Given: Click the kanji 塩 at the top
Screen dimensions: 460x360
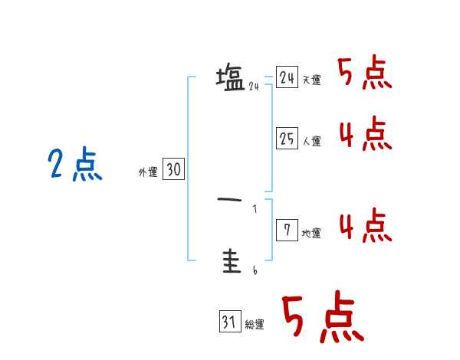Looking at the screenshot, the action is [x=230, y=78].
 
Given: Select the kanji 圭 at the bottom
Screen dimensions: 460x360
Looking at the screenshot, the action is [x=230, y=263].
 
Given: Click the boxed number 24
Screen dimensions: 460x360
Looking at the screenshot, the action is [x=287, y=77].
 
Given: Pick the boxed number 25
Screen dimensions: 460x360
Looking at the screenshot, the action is [x=287, y=139].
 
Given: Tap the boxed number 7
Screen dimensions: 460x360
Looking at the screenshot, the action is [x=287, y=231].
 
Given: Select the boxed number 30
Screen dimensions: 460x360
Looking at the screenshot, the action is [x=173, y=170].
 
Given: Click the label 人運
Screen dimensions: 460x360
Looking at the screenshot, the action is [x=311, y=142].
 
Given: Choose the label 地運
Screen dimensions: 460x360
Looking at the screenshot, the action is [x=311, y=234].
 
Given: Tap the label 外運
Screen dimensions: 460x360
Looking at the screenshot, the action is [x=148, y=173].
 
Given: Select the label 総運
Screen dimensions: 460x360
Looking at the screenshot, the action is [x=255, y=325].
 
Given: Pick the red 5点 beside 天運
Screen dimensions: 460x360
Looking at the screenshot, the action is [x=365, y=74].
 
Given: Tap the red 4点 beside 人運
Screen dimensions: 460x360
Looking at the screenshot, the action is [x=365, y=134].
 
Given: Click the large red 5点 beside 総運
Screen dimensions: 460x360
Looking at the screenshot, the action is [x=322, y=318].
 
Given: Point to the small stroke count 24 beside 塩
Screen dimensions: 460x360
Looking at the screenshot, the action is [x=254, y=87].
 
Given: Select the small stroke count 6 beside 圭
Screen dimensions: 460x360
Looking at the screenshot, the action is [x=255, y=270].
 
